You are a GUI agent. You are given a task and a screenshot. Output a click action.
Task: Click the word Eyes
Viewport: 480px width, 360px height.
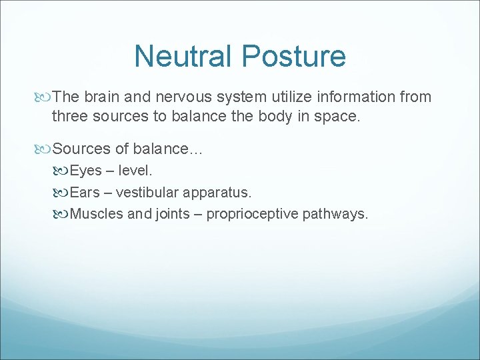[x=85, y=171]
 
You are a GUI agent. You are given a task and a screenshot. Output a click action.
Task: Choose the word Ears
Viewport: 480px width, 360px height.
[x=85, y=193]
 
